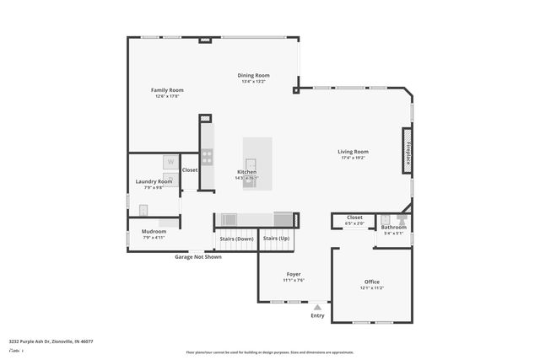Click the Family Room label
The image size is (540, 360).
(167, 90)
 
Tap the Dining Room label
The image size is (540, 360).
(253, 75)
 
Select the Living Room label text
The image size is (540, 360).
(353, 152)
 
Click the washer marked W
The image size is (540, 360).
(170, 161)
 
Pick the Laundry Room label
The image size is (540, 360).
(154, 181)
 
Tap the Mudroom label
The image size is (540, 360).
(154, 231)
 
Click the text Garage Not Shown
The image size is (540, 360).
(198, 256)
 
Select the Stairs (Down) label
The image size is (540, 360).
(236, 239)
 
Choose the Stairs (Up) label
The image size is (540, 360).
(276, 239)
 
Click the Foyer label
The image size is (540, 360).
(294, 274)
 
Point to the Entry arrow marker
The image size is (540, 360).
(317, 308)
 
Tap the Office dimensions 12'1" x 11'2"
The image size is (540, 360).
(371, 287)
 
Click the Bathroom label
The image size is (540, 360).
(394, 227)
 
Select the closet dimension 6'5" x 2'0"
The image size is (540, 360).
(354, 223)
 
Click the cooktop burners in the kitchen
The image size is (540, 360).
(207, 157)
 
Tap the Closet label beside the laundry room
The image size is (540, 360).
(190, 169)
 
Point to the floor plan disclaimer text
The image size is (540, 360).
(269, 352)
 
